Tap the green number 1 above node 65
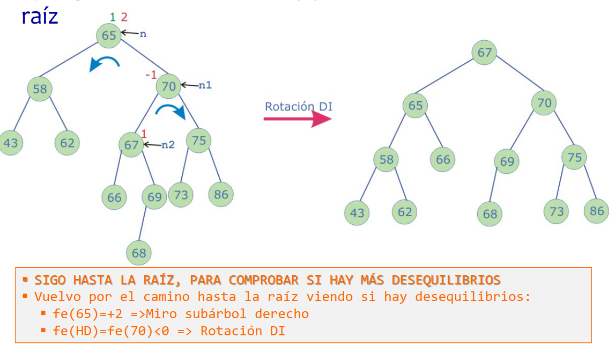[x=112, y=17]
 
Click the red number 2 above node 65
[x=124, y=17]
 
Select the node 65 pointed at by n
[x=109, y=35]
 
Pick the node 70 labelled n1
[x=169, y=86]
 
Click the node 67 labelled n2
[x=131, y=145]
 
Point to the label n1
[x=205, y=85]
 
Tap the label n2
[x=168, y=144]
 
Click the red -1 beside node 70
[x=151, y=75]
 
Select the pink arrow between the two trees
[x=298, y=119]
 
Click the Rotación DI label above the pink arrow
[x=298, y=106]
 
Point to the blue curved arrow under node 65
[x=105, y=63]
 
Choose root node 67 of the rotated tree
[x=484, y=53]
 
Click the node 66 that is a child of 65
[x=443, y=159]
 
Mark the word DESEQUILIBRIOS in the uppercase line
[x=446, y=280]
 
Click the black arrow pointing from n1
[x=189, y=85]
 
